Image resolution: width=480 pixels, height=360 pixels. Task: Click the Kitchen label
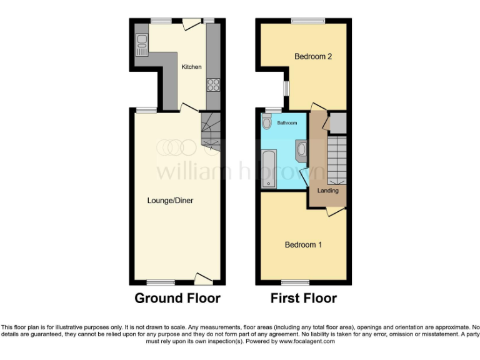pyautogui.click(x=191, y=67)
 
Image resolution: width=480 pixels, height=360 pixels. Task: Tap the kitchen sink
pyautogui.click(x=142, y=42)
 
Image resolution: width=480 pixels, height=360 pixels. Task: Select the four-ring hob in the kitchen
pyautogui.click(x=213, y=84)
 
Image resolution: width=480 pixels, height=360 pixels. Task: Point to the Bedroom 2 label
pyautogui.click(x=312, y=56)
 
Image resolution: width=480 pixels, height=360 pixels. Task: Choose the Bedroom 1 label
pyautogui.click(x=303, y=244)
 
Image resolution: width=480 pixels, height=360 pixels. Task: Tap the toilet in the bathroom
pyautogui.click(x=267, y=123)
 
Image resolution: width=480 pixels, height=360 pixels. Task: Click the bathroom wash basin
pyautogui.click(x=301, y=149)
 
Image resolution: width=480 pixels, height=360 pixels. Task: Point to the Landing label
pyautogui.click(x=328, y=190)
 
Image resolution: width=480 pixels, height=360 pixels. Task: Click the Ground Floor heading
pyautogui.click(x=177, y=298)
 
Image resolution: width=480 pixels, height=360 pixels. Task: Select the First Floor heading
pyautogui.click(x=304, y=298)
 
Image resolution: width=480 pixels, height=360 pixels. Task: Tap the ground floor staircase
pyautogui.click(x=211, y=132)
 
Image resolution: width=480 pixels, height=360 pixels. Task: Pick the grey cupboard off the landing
pyautogui.click(x=337, y=122)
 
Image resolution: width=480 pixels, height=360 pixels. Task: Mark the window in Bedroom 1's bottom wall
pyautogui.click(x=299, y=282)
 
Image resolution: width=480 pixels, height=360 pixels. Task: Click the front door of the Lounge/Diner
pyautogui.click(x=204, y=278)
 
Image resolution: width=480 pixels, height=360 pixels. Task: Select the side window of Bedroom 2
pyautogui.click(x=286, y=89)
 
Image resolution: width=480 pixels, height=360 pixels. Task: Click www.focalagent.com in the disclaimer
pyautogui.click(x=307, y=341)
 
